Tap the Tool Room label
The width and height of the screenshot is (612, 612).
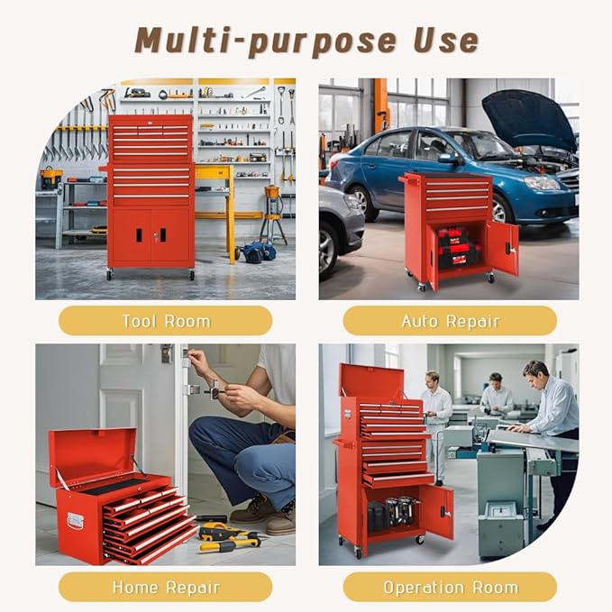point(165,321)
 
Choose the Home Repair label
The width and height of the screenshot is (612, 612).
point(165,587)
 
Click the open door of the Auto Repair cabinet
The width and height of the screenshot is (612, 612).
point(502,249)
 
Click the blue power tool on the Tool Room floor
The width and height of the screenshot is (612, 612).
point(260,252)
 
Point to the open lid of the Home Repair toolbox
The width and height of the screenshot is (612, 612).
point(91,456)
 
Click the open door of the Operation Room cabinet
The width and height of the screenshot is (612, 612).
point(436,512)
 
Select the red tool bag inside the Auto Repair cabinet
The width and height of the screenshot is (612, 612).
point(458,246)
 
